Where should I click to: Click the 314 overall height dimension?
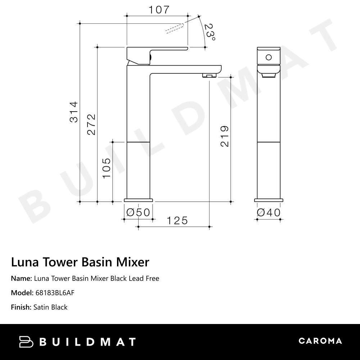(74, 112)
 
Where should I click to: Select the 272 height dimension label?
(91, 124)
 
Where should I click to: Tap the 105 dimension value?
(107, 168)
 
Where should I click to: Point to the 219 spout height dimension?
(225, 136)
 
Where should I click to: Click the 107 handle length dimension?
(159, 10)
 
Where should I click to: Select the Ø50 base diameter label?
(138, 213)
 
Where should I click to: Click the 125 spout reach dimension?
(177, 220)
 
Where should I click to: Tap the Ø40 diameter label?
(268, 213)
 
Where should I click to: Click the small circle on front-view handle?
(268, 57)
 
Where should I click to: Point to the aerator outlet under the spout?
(209, 75)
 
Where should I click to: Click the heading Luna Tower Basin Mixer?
(80, 262)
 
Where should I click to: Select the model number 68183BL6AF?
(55, 293)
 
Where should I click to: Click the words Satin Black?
(50, 307)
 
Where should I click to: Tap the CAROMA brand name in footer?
(320, 341)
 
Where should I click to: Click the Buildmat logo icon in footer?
(26, 342)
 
